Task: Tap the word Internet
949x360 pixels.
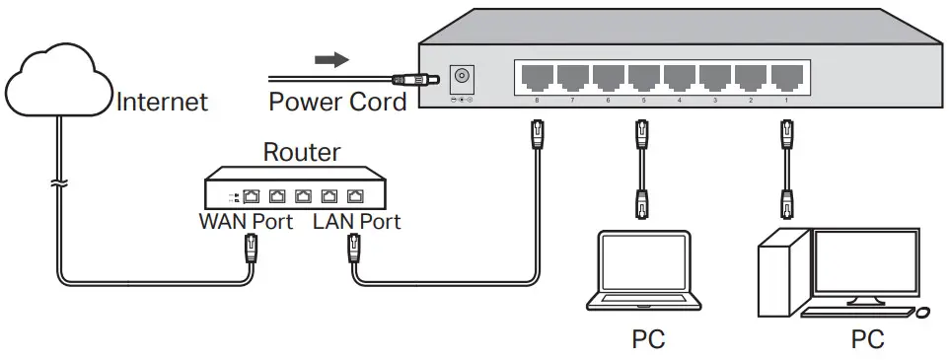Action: tap(163, 102)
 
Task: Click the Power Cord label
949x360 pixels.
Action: tap(337, 102)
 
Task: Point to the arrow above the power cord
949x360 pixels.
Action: tap(331, 60)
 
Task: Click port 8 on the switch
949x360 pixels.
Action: tap(536, 77)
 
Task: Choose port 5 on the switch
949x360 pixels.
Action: tap(643, 77)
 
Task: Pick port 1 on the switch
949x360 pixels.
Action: tap(786, 77)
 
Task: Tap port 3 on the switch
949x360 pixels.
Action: tap(715, 77)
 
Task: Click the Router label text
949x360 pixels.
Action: tap(302, 153)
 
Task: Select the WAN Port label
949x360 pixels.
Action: tap(247, 222)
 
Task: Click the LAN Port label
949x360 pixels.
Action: tap(356, 222)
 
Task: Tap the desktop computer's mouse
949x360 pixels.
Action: tap(921, 313)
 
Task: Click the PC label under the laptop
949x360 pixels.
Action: tap(648, 340)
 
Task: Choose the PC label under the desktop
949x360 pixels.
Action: tap(867, 340)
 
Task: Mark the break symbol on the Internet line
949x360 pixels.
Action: tap(58, 185)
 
